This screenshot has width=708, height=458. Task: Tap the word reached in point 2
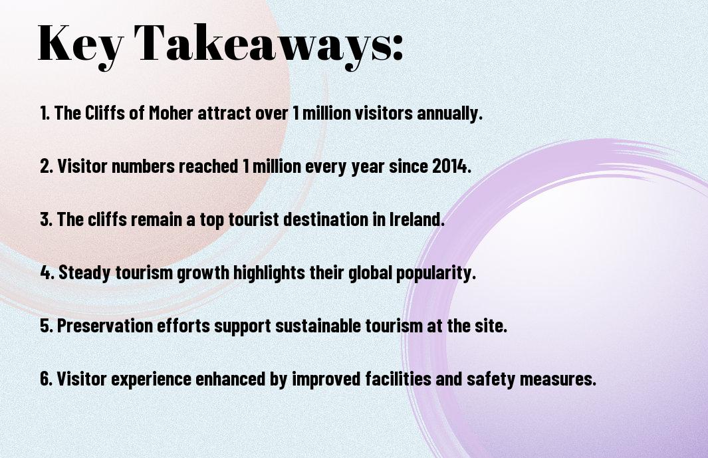pyautogui.click(x=208, y=166)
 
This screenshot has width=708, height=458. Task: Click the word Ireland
pyautogui.click(x=417, y=219)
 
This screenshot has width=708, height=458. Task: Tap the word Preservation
pyautogui.click(x=105, y=326)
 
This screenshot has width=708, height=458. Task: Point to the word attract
pyautogui.click(x=225, y=113)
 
